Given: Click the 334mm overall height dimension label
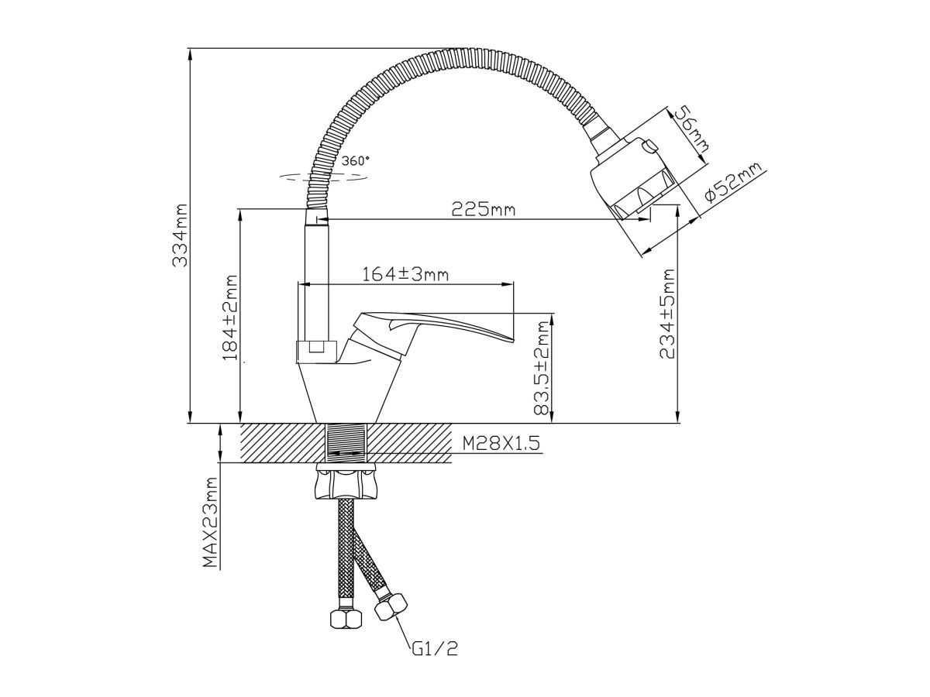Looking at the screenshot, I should click(180, 235).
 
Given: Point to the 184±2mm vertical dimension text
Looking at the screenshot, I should click(229, 319).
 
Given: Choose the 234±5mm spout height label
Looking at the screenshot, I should click(667, 314).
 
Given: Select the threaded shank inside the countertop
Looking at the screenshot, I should click(346, 443).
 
